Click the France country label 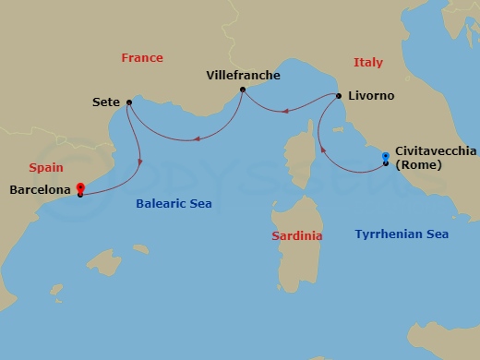[141, 58]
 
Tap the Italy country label [367, 62]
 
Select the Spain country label [46, 168]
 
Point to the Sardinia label [297, 236]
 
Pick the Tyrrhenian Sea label [402, 234]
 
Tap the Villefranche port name [243, 75]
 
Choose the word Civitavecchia [437, 150]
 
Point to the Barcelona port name [39, 189]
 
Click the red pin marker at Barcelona [81, 186]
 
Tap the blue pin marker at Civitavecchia [385, 158]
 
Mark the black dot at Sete [128, 102]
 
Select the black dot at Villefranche [242, 90]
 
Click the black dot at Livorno [339, 96]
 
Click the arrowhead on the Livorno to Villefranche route [285, 112]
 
